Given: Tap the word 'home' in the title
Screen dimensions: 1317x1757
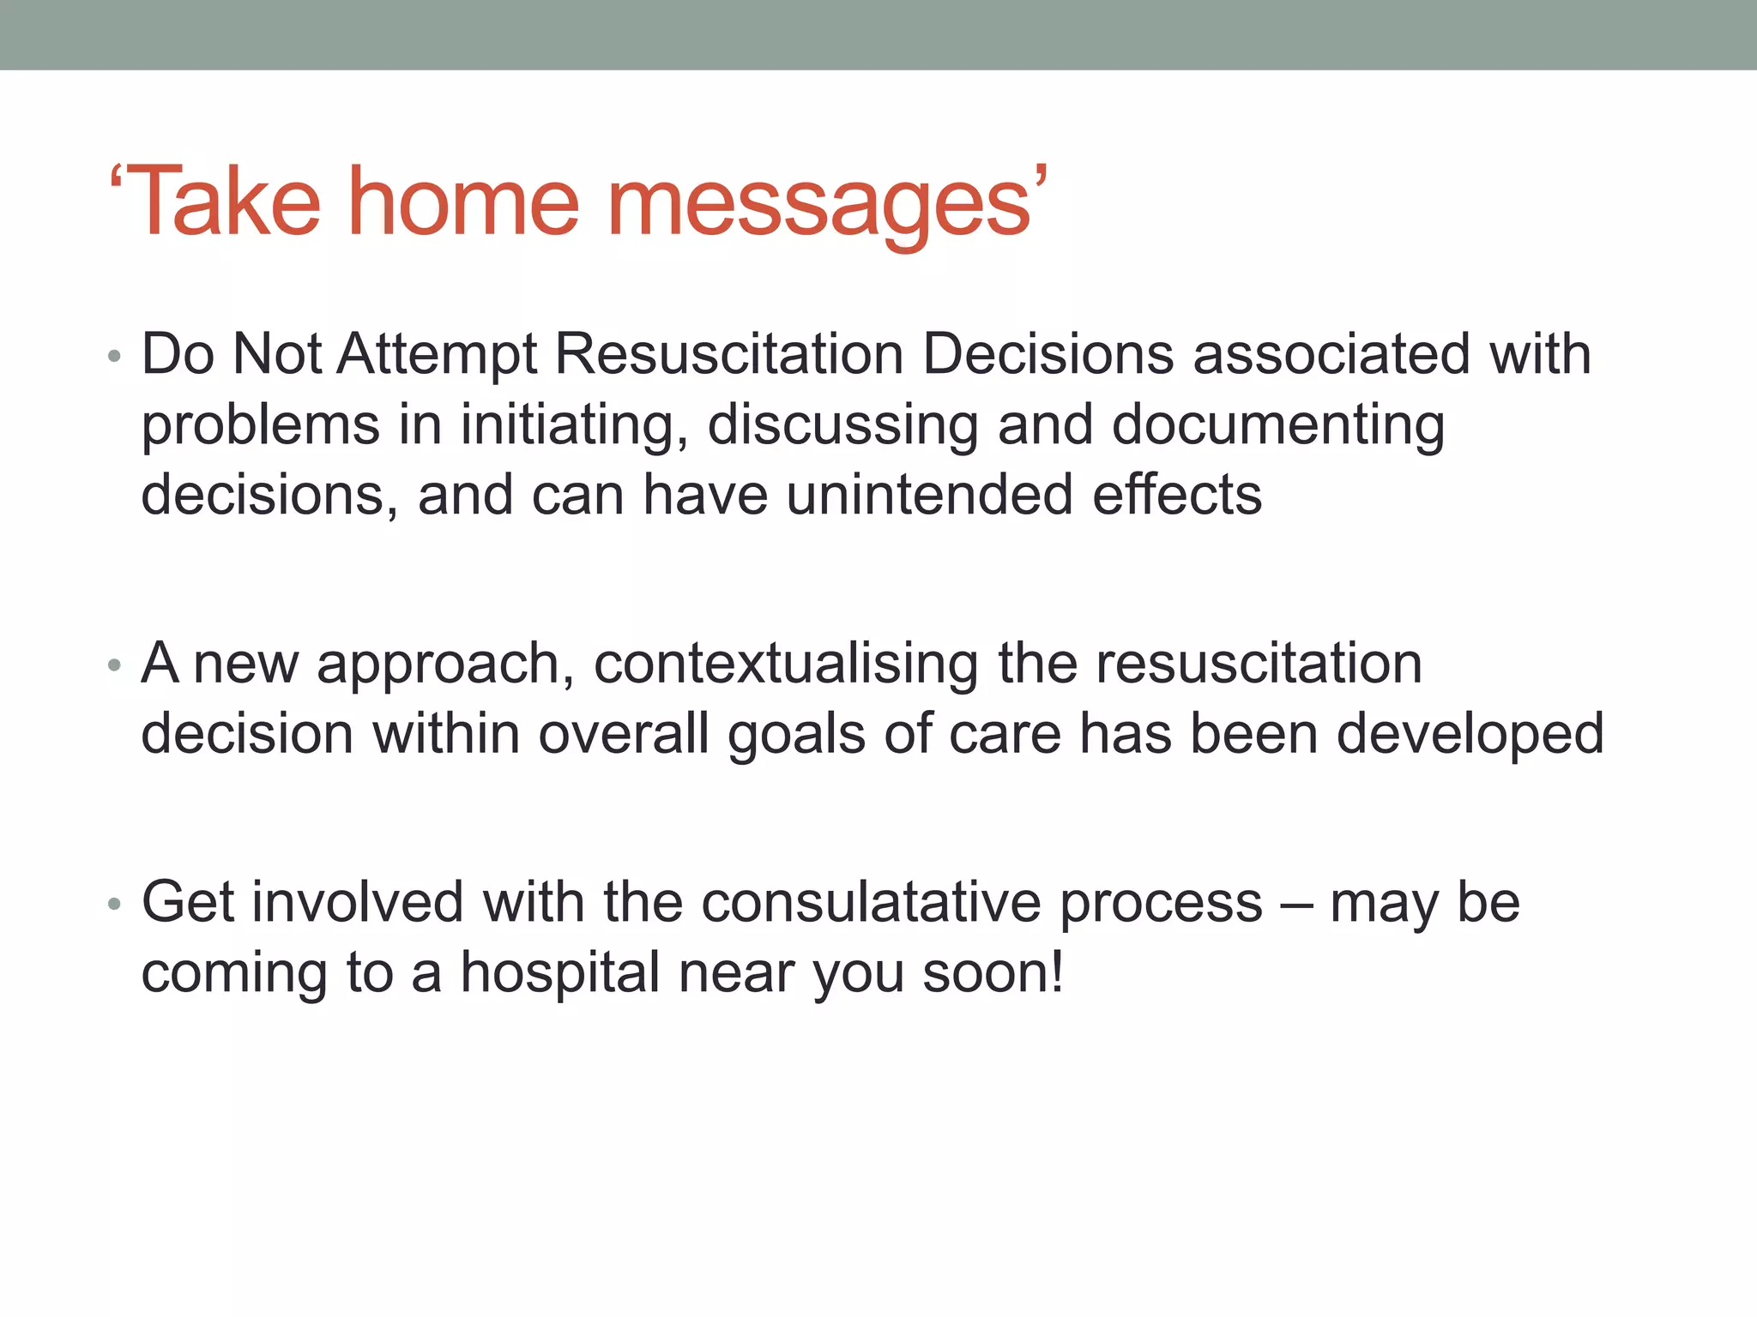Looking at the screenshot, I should (463, 203).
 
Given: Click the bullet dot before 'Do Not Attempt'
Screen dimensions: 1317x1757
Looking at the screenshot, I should (115, 356).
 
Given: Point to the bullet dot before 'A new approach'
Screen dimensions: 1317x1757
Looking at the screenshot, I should (115, 665).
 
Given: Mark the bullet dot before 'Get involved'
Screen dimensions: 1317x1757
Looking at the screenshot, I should (115, 904).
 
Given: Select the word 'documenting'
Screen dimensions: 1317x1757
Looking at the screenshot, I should (1278, 426).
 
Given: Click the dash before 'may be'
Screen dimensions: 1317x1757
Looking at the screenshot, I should (1296, 905).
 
